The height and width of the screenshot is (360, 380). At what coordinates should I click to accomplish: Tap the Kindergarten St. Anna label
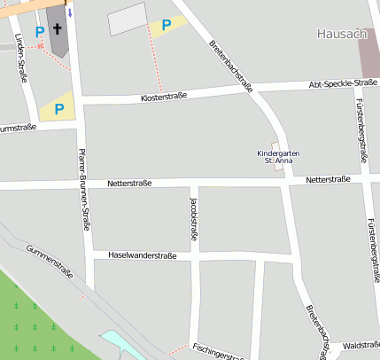(x=278, y=156)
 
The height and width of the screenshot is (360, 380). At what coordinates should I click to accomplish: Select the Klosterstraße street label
(x=164, y=96)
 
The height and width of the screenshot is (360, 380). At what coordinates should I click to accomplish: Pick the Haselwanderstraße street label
(x=142, y=255)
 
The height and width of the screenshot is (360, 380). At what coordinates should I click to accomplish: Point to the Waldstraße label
(x=361, y=345)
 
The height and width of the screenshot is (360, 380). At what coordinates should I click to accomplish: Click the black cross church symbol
(x=58, y=29)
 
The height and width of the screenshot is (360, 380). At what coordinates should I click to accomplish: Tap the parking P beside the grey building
(x=166, y=26)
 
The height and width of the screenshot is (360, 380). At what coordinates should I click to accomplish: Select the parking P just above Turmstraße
(x=58, y=109)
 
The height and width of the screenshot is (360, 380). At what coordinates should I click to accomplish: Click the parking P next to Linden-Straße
(x=39, y=32)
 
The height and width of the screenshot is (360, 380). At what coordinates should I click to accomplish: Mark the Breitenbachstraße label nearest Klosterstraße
(x=232, y=65)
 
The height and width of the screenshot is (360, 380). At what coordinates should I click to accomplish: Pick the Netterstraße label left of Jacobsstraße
(x=129, y=184)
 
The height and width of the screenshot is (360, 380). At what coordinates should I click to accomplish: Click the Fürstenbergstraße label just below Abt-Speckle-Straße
(x=361, y=121)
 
